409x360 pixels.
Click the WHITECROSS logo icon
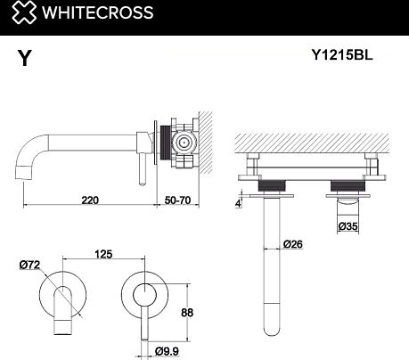tap(16, 12)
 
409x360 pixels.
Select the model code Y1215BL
tap(341, 54)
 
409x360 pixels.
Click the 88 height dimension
tap(200, 312)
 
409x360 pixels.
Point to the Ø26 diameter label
tap(294, 244)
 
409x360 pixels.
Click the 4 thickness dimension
tap(240, 202)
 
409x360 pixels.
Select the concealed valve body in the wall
tap(184, 142)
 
